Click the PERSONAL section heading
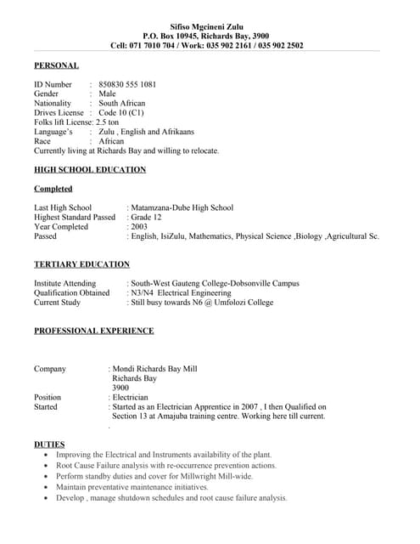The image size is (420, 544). coord(56,65)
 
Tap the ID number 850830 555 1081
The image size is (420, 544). coord(127,84)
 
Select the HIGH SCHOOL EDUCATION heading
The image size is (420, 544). coord(90,170)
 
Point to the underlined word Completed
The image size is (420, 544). coord(53,189)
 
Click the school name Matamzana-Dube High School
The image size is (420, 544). coord(182,207)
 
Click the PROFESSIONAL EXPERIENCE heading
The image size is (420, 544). coord(93,331)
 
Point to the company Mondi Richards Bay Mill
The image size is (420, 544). coord(156,369)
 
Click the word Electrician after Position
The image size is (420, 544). coord(131,397)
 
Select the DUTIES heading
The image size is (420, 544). coord(48,445)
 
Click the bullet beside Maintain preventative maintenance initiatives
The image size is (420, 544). coord(45,488)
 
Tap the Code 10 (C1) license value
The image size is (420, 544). coord(121,112)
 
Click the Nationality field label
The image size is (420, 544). coord(53,103)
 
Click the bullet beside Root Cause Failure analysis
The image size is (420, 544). coord(45,467)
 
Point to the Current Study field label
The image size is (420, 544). coord(57,302)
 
